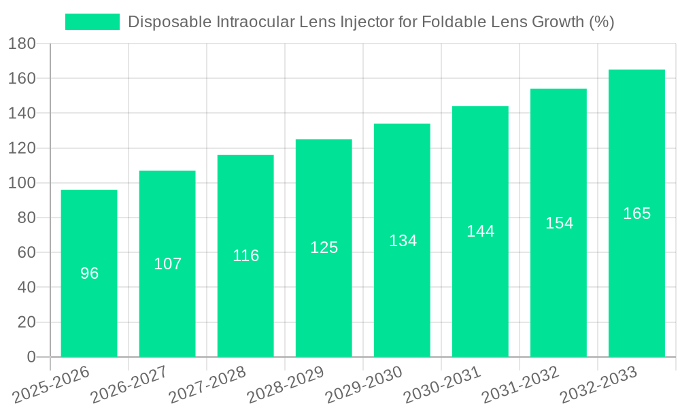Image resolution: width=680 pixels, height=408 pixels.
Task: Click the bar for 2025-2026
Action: click(x=89, y=273)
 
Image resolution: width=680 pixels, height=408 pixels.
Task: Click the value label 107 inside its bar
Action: click(x=167, y=264)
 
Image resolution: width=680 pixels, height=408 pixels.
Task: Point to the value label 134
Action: click(x=403, y=241)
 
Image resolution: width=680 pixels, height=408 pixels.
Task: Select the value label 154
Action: click(x=559, y=223)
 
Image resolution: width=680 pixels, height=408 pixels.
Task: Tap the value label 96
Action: click(x=89, y=273)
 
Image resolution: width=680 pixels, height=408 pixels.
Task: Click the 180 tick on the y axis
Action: click(x=22, y=44)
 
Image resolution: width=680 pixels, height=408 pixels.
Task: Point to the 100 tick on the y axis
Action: click(x=22, y=183)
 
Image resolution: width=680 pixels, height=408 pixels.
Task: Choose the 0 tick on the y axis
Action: click(x=31, y=357)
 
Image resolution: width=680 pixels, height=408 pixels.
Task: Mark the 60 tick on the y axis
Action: click(x=27, y=253)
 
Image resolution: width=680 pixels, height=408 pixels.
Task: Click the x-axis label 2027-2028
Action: click(x=207, y=384)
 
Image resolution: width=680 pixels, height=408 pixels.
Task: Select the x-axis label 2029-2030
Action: click(x=364, y=384)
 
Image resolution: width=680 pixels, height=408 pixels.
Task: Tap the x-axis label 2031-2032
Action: click(x=520, y=384)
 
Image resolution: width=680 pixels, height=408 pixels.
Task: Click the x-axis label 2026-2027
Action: click(x=129, y=384)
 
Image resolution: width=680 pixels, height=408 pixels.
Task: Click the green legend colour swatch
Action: click(x=92, y=22)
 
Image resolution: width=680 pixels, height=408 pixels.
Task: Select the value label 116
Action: click(x=245, y=256)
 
